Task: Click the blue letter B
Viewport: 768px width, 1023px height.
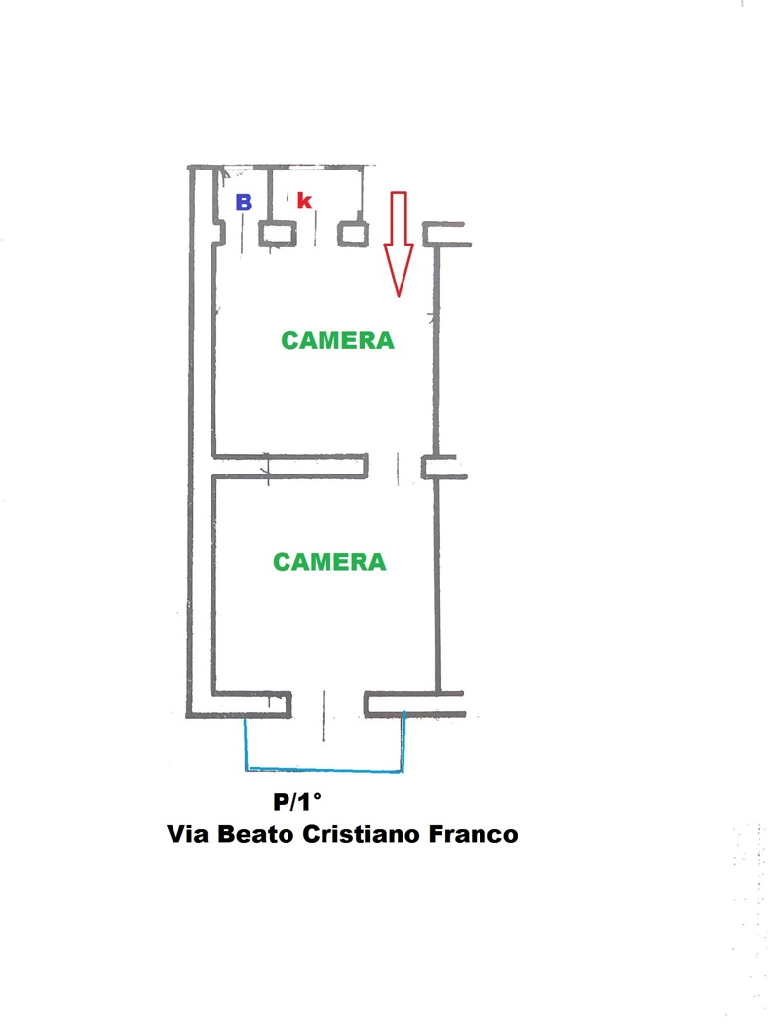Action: [x=244, y=203]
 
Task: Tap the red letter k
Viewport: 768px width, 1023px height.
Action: [x=304, y=202]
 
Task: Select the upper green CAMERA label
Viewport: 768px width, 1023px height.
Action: [x=337, y=341]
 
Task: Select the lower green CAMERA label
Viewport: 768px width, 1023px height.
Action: [x=329, y=562]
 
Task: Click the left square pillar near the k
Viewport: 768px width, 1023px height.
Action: [x=278, y=234]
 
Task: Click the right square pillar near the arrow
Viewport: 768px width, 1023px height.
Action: [x=353, y=234]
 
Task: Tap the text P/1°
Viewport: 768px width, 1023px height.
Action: [x=296, y=803]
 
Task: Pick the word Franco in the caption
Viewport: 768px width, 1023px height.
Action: [x=473, y=835]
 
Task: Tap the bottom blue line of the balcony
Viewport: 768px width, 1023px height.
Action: [x=325, y=771]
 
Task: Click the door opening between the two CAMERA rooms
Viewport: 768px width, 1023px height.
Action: [x=396, y=468]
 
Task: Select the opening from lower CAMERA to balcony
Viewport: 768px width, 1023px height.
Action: [x=326, y=704]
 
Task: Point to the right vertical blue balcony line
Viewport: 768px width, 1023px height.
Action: [x=403, y=742]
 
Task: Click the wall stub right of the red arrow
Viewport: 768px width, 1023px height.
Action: [x=445, y=234]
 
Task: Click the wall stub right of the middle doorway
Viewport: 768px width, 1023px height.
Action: [x=443, y=468]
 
